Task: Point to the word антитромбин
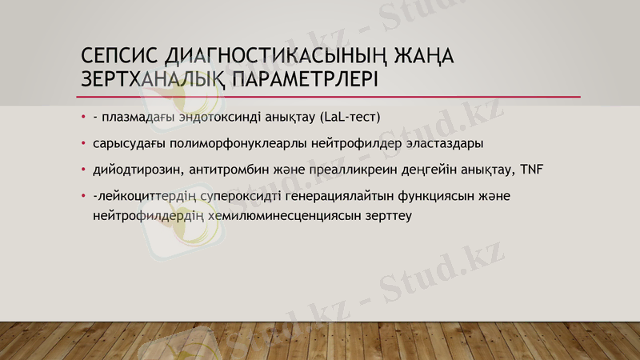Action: click(x=220, y=170)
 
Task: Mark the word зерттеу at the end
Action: click(x=388, y=215)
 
